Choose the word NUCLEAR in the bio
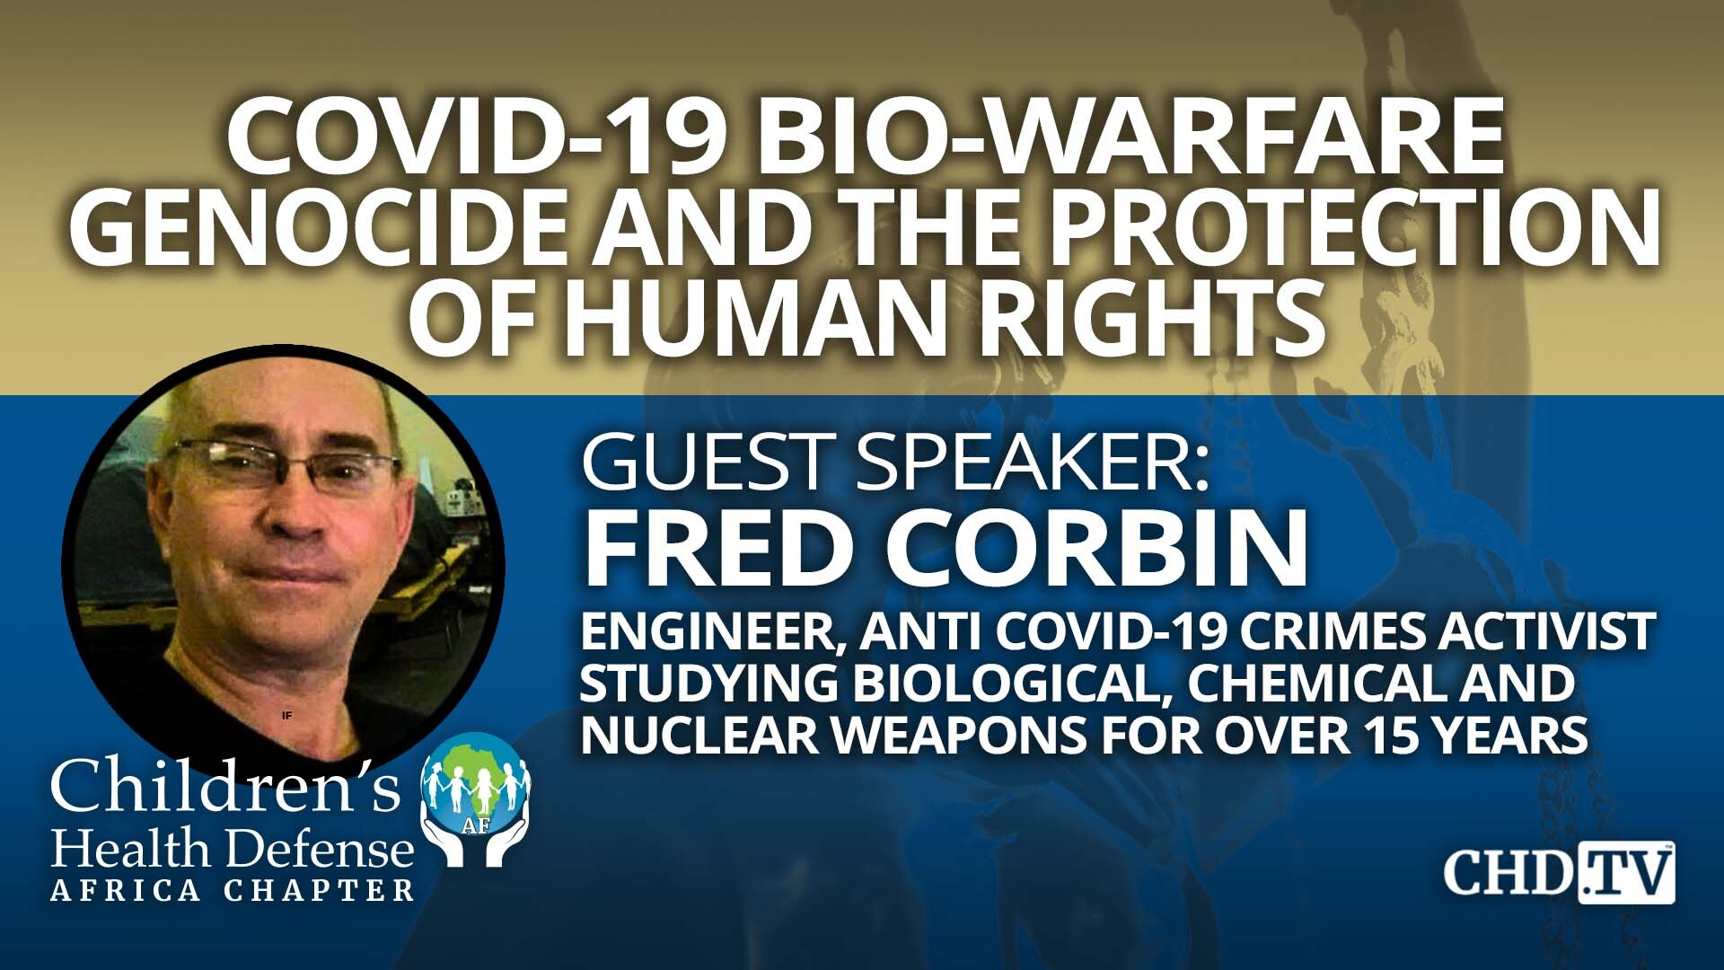pos(700,736)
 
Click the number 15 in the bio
pos(1386,736)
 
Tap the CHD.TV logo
pos(1559,872)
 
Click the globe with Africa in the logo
pos(476,781)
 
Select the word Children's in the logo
pos(224,787)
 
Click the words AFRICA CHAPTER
pos(233,890)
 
